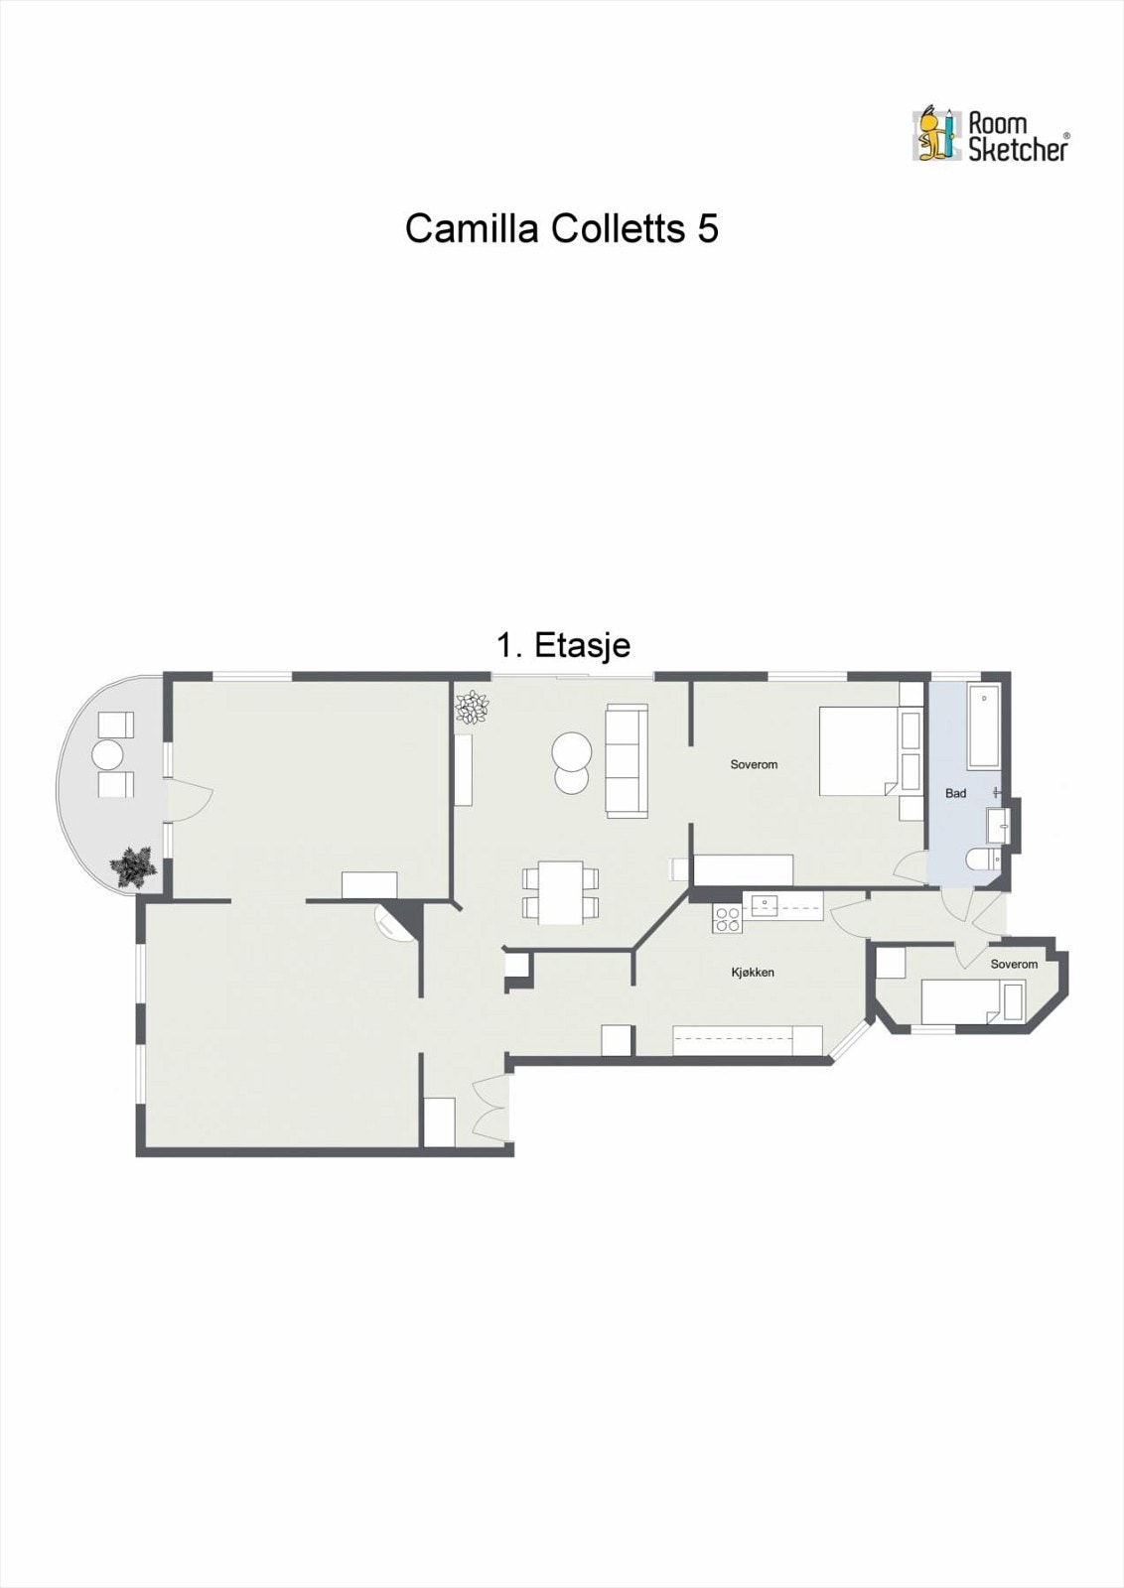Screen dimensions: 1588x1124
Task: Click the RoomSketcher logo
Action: tap(990, 136)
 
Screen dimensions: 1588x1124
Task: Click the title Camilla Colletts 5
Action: tap(561, 229)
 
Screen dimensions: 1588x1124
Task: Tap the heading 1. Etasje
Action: tap(563, 646)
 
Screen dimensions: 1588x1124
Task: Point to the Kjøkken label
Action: tap(753, 973)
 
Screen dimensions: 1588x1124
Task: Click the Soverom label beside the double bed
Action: tap(754, 764)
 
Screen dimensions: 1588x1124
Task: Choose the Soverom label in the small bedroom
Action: tap(1014, 965)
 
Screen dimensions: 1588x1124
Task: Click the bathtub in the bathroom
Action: tap(984, 727)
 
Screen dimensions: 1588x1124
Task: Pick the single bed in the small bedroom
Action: tap(971, 1001)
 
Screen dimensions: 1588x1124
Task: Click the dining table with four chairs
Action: tap(561, 891)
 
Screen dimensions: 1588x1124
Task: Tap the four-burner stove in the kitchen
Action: tap(727, 919)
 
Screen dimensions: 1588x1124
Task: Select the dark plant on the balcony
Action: tap(133, 866)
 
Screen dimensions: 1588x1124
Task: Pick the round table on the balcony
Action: tap(108, 755)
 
